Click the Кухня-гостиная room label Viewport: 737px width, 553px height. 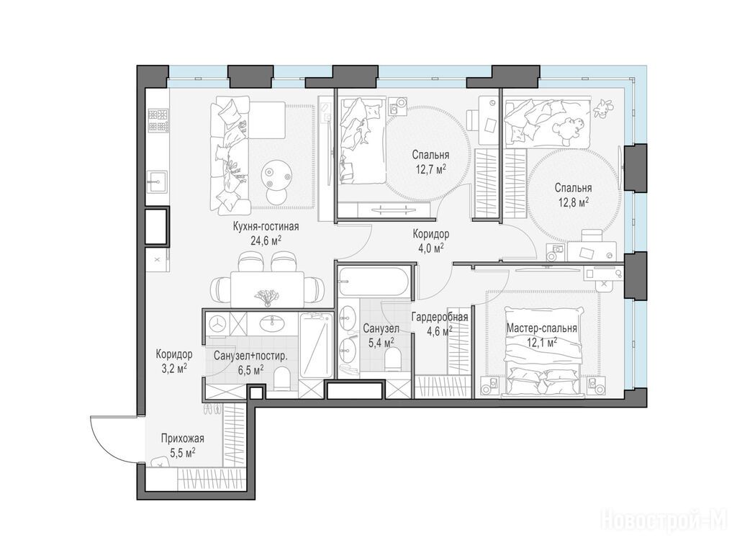(266, 227)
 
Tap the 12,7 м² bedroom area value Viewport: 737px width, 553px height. (430, 168)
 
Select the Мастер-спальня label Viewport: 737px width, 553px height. (541, 328)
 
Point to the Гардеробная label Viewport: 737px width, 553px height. (440, 317)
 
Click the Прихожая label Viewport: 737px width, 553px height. (182, 439)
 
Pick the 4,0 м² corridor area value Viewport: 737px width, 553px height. (430, 248)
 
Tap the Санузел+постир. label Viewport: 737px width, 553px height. (250, 356)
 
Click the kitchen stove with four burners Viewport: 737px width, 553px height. (158, 120)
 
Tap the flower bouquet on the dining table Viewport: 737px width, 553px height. (266, 296)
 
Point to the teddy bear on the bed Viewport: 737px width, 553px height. (569, 130)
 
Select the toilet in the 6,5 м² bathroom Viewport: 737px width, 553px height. (282, 379)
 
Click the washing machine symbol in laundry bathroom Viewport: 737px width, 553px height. (218, 324)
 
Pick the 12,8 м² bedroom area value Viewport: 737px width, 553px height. (574, 202)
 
